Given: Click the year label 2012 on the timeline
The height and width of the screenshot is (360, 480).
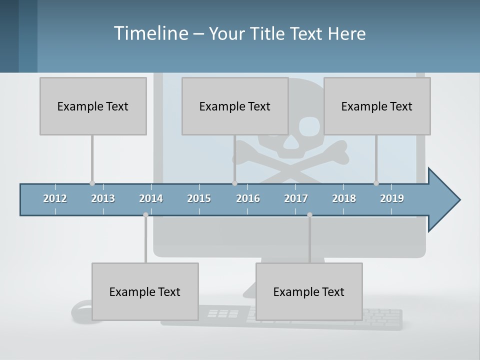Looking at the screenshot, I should (x=55, y=198).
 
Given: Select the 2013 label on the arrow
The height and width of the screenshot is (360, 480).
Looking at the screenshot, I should (x=103, y=198).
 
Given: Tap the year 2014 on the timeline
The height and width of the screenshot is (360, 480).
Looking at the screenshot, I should (x=151, y=198).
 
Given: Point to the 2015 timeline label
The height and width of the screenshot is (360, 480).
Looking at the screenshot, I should (x=199, y=198).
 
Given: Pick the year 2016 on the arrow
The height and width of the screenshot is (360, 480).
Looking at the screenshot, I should (x=248, y=198).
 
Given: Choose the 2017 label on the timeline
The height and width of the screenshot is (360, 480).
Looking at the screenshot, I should (x=296, y=198).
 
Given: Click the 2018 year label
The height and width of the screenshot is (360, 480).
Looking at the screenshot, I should (x=344, y=198).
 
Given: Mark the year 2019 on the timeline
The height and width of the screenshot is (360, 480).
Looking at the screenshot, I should (x=392, y=198).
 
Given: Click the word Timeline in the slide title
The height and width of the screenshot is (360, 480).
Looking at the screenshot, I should (x=150, y=33).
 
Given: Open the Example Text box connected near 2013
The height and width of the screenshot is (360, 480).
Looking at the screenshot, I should (x=93, y=106).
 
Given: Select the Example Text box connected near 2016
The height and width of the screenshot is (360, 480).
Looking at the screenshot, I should (x=235, y=106).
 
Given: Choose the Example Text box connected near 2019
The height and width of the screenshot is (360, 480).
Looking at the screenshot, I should (x=377, y=106).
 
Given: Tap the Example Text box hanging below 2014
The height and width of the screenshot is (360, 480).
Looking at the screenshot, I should (x=145, y=291).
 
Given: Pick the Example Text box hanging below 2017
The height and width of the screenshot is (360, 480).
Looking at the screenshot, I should (x=309, y=291).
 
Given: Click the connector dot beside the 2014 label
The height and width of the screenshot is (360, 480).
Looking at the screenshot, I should (x=145, y=214).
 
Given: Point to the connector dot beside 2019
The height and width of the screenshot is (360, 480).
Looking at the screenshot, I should (x=376, y=183).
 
